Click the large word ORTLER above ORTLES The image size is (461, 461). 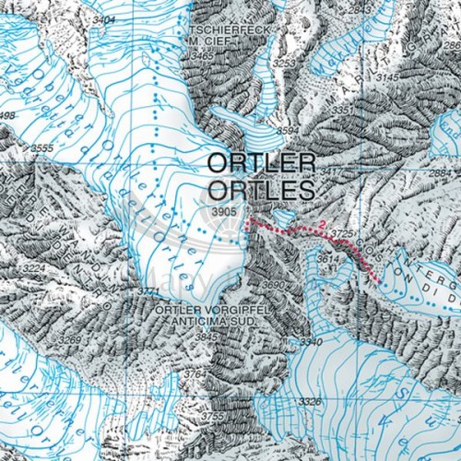262,163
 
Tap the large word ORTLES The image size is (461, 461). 262,190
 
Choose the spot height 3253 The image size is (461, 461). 284,62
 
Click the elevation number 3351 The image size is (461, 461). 343,111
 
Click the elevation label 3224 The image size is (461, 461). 33,268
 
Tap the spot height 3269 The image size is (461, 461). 69,340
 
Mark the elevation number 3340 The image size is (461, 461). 311,342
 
